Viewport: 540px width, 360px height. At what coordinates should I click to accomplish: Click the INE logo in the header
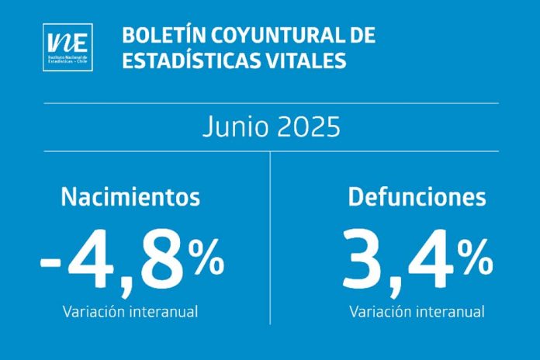[x=68, y=47]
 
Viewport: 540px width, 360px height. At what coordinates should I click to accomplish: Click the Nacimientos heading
[x=130, y=196]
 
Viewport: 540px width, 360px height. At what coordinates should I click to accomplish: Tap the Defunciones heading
[x=417, y=196]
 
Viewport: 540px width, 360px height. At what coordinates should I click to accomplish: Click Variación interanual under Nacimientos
[x=130, y=312]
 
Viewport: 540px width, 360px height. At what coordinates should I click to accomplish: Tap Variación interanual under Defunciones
[x=417, y=312]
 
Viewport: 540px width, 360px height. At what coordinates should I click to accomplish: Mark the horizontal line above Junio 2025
[x=270, y=103]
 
